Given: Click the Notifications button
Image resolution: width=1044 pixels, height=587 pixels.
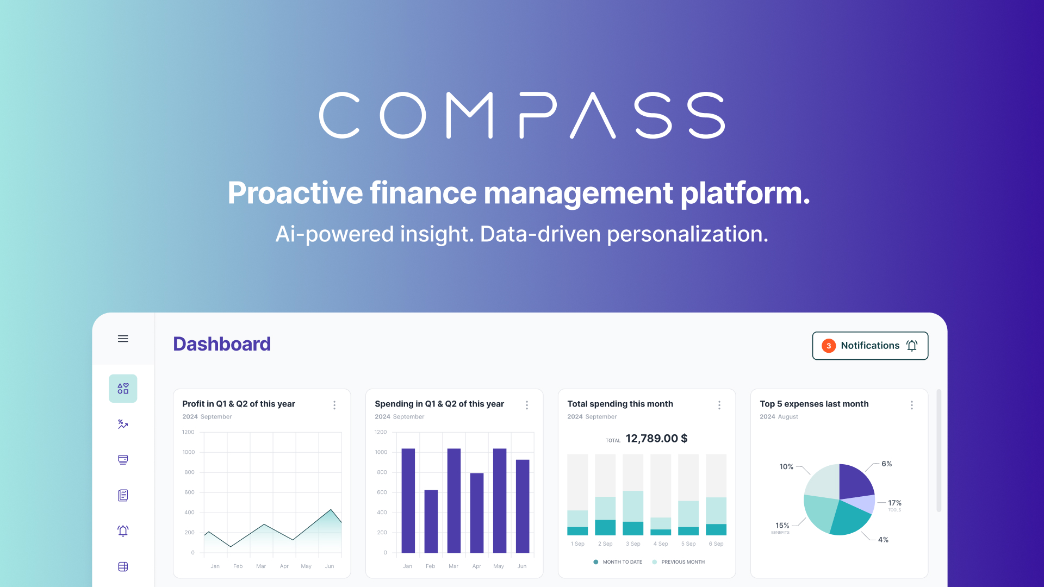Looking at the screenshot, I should (x=870, y=346).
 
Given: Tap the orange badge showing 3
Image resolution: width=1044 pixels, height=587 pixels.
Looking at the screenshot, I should (x=829, y=346).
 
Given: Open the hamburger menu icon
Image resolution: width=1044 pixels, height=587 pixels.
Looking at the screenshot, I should (x=123, y=339).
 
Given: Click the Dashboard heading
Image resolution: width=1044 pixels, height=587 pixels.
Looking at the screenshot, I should (x=222, y=344).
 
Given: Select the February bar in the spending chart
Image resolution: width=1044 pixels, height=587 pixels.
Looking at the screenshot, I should (x=431, y=521).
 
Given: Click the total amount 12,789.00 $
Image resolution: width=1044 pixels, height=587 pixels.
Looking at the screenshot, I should (x=656, y=439).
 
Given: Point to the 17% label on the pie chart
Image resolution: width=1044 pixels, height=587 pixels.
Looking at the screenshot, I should (x=894, y=503).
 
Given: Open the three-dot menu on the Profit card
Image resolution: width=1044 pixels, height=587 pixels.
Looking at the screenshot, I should (x=334, y=405).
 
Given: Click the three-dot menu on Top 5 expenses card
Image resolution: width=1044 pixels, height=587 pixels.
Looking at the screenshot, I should (x=912, y=405).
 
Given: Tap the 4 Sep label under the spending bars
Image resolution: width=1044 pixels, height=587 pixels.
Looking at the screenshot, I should (x=661, y=544).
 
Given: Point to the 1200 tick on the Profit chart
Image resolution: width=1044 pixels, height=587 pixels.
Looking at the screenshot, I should (x=188, y=432).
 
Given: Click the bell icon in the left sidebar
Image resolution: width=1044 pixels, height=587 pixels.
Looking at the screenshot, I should (x=123, y=531).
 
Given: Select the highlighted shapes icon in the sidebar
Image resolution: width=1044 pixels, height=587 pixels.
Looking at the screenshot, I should (x=123, y=389).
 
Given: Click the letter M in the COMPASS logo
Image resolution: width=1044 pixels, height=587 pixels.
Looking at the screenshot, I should (x=469, y=115).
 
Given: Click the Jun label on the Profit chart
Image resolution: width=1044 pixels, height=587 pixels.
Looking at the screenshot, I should (x=330, y=566).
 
